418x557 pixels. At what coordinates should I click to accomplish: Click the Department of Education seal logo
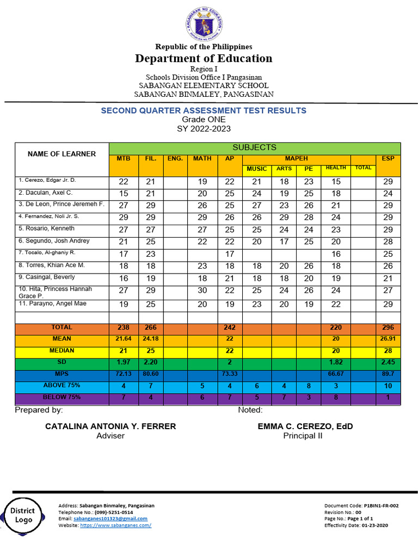pos(204,26)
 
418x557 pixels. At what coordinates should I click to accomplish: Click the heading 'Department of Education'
pos(204,59)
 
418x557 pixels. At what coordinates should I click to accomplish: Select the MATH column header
pos(202,159)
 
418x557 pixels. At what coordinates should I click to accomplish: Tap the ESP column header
pos(388,159)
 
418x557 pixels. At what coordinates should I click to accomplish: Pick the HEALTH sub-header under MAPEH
pos(335,168)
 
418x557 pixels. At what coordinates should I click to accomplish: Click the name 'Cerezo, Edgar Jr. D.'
pos(48,180)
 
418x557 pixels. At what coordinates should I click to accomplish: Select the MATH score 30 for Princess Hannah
pos(202,291)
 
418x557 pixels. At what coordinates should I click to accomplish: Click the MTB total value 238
pos(124,328)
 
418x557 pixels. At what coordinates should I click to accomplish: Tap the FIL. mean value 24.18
pos(151,339)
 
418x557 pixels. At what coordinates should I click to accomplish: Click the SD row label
pos(62,362)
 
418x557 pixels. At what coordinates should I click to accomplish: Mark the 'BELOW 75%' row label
pos(62,398)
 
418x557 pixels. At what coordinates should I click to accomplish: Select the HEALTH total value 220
pos(335,328)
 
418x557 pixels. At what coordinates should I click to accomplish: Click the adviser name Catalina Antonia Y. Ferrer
pos(110,426)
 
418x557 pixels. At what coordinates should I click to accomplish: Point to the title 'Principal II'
pos(303,436)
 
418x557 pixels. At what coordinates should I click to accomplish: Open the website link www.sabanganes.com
pos(115,525)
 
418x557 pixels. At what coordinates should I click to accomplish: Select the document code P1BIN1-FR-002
pos(381,506)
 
